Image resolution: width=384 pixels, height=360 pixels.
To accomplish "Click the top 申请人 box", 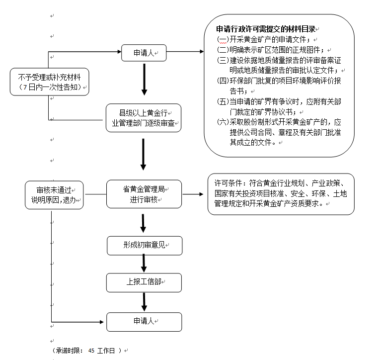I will [x=144, y=53].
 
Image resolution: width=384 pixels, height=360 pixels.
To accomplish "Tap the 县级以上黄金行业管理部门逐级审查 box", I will [x=143, y=117].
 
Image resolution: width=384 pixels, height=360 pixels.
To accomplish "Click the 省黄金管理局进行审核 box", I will [x=144, y=194].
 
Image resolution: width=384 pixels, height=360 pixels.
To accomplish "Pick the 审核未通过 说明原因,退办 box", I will [x=54, y=194].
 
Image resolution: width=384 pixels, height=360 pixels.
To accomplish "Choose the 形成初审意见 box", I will [x=144, y=245].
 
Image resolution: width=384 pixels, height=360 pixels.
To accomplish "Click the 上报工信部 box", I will [x=144, y=282].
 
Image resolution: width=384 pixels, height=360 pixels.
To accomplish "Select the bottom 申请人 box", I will [x=144, y=321].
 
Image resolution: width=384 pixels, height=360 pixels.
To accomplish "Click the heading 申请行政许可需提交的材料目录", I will [x=266, y=29].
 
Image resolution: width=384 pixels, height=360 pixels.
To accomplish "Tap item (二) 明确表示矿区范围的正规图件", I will [x=271, y=50].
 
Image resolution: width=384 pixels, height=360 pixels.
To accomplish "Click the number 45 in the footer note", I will [x=91, y=351].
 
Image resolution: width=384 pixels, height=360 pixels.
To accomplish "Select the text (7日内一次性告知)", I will [x=49, y=88].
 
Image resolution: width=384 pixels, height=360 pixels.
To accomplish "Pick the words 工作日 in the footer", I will [x=106, y=351].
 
